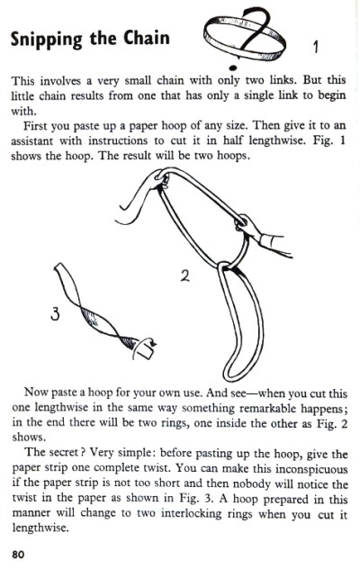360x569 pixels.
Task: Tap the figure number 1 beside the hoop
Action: (x=316, y=47)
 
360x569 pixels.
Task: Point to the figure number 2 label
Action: (x=185, y=276)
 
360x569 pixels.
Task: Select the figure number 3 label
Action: (x=55, y=314)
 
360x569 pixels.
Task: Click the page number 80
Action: (x=18, y=555)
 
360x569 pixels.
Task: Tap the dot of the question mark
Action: (x=233, y=68)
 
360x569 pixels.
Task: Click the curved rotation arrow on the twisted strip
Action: (x=144, y=348)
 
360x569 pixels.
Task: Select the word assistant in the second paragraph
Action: (x=31, y=140)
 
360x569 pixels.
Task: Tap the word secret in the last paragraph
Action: (x=64, y=453)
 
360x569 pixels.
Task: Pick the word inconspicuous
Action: (x=311, y=468)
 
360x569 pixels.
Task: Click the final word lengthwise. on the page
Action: (x=40, y=528)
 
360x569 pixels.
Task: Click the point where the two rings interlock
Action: (x=226, y=266)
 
